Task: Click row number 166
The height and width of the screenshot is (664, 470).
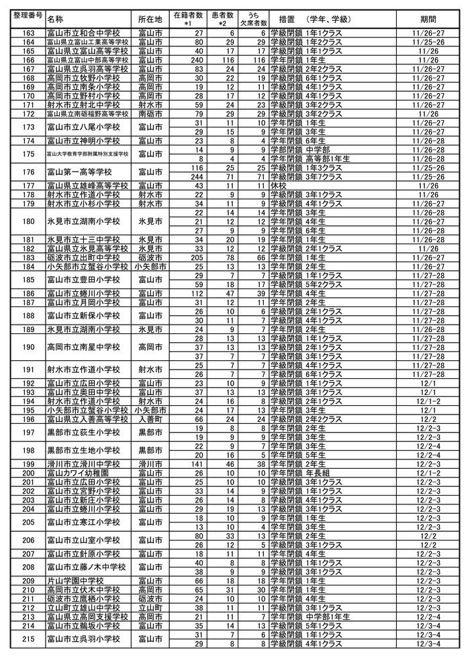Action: coord(28,60)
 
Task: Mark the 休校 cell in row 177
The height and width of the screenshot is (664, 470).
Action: coord(278,185)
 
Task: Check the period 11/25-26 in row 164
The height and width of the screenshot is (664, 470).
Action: coord(428,42)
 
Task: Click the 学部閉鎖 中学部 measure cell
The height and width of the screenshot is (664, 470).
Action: coord(301,150)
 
